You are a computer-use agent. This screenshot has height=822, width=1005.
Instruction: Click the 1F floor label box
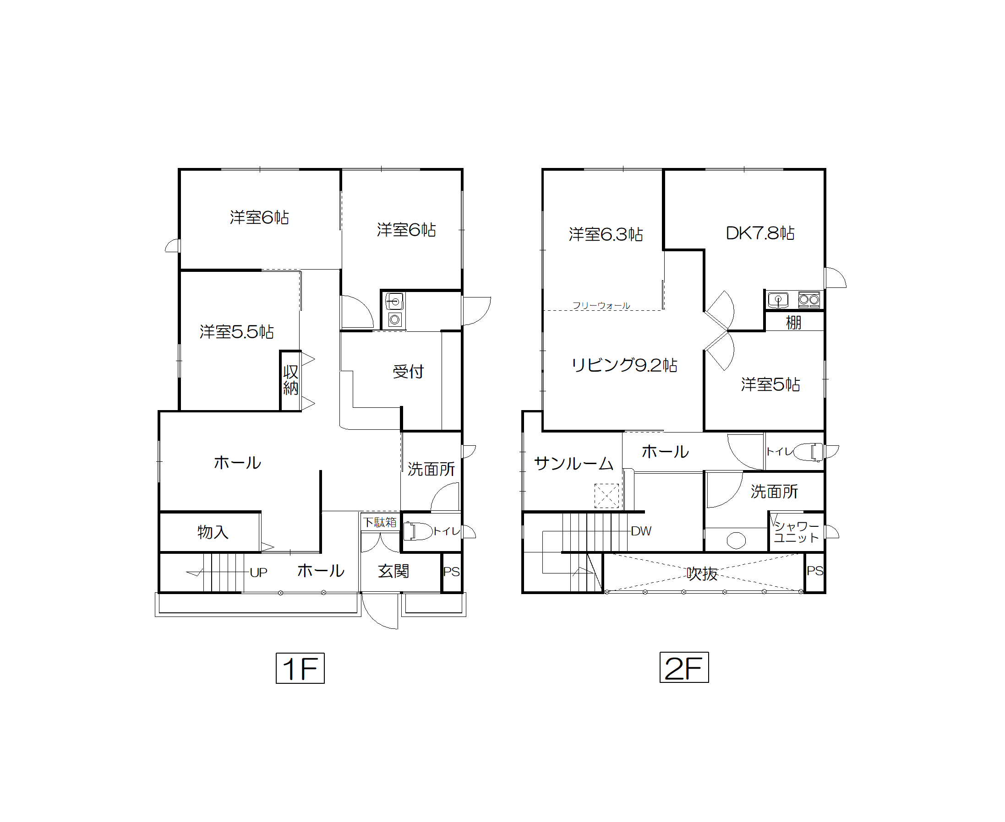pyautogui.click(x=300, y=668)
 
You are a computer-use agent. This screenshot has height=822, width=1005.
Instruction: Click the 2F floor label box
pyautogui.click(x=684, y=667)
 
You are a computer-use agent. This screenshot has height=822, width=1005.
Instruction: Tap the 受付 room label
pyautogui.click(x=408, y=372)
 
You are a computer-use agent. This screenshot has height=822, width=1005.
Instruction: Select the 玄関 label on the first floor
pyautogui.click(x=393, y=571)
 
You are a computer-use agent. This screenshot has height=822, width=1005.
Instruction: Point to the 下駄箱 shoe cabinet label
pyautogui.click(x=380, y=522)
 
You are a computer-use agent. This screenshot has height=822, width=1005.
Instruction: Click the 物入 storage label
pyautogui.click(x=213, y=532)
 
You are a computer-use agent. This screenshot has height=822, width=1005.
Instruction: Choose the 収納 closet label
pyautogui.click(x=290, y=380)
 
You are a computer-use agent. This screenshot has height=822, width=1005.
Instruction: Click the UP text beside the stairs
pyautogui.click(x=259, y=573)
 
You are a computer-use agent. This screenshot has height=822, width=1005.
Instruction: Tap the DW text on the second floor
pyautogui.click(x=641, y=531)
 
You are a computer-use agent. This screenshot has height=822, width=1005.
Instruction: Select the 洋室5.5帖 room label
pyautogui.click(x=236, y=331)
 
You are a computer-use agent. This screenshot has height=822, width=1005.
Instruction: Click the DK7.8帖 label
pyautogui.click(x=760, y=233)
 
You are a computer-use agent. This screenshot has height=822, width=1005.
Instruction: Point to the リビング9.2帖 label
pyautogui.click(x=624, y=365)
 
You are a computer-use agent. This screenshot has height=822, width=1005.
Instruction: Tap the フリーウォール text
pyautogui.click(x=601, y=305)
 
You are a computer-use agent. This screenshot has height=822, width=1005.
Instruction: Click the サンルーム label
pyautogui.click(x=574, y=463)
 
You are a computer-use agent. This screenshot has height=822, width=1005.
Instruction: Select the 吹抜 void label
pyautogui.click(x=702, y=573)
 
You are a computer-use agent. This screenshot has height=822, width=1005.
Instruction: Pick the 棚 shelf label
pyautogui.click(x=794, y=323)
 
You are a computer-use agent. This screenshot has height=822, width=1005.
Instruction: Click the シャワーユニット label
pyautogui.click(x=796, y=532)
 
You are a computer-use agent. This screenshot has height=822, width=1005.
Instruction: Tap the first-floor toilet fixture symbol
pyautogui.click(x=417, y=531)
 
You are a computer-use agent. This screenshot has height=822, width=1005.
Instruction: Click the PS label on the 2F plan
pyautogui.click(x=814, y=571)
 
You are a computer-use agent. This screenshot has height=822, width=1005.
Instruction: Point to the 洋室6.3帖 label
pyautogui.click(x=606, y=234)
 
